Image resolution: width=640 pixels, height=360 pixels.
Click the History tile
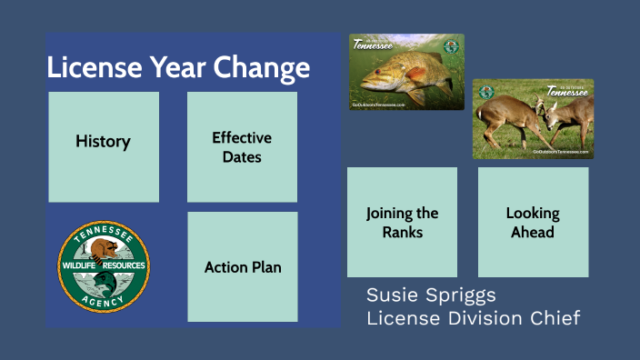click(x=103, y=142)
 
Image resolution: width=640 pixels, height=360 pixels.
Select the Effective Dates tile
click(x=242, y=146)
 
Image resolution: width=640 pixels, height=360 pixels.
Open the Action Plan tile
click(x=243, y=267)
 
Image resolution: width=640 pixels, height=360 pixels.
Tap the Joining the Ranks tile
click(x=402, y=223)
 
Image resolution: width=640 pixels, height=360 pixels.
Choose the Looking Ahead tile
click(x=533, y=223)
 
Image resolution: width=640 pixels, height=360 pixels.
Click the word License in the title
click(x=92, y=68)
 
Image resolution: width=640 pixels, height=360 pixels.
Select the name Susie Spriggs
click(x=432, y=295)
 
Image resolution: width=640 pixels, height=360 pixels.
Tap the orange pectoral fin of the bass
click(x=415, y=73)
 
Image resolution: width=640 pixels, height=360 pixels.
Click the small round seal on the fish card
click(x=450, y=47)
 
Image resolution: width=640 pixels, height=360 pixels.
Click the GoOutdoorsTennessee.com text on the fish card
click(x=378, y=105)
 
